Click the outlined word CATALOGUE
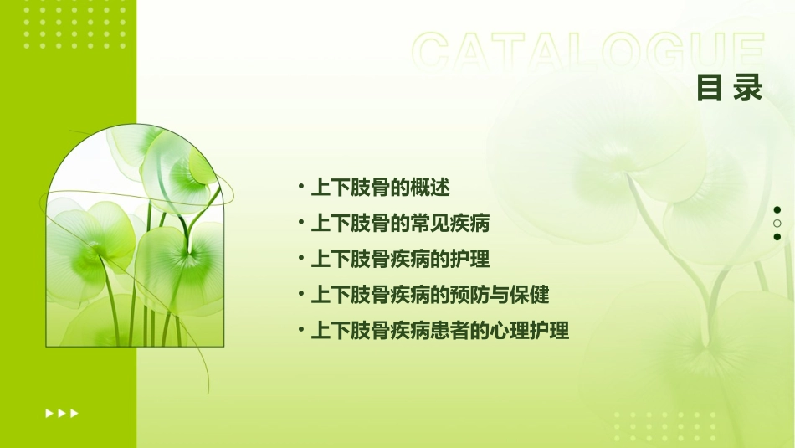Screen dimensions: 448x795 coord(587,52)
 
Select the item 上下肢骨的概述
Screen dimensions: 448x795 coord(381,188)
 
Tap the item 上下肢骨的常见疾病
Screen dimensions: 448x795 coord(400,224)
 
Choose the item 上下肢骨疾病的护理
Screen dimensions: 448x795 coord(400,259)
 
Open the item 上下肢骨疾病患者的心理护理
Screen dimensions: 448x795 coord(440,331)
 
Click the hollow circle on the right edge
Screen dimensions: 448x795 coord(777,224)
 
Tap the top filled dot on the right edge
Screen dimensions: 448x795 coord(777,210)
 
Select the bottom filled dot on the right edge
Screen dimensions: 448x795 coord(777,237)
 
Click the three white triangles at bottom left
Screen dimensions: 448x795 coord(62,413)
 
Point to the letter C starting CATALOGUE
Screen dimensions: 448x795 coord(433,52)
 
